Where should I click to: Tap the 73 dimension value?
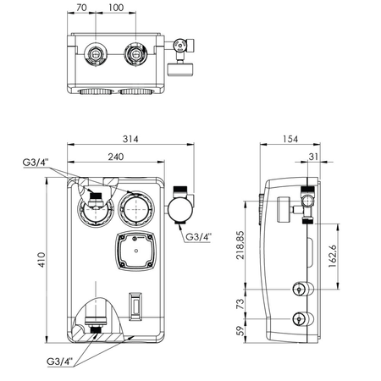point(240,302)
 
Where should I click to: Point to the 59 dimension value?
point(240,331)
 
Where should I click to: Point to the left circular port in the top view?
point(95,56)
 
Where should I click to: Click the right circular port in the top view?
point(133,56)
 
